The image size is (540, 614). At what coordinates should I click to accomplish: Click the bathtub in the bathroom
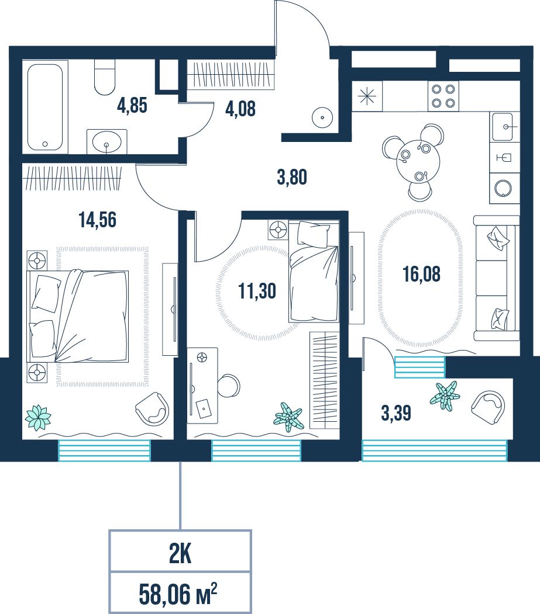[45, 107]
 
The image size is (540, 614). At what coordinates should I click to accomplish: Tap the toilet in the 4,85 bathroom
[105, 77]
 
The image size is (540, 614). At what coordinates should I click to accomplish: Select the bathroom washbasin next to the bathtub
[106, 141]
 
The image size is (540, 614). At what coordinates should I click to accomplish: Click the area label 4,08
[240, 109]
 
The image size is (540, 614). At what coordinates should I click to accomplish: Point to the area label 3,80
[292, 178]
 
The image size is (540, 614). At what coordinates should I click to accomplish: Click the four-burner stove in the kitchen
[443, 96]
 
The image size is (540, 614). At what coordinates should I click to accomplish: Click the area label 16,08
[422, 274]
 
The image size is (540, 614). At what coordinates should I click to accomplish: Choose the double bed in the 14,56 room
[78, 316]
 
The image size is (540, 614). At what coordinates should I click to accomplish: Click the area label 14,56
[98, 220]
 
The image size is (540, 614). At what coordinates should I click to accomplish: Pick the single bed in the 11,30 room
[314, 272]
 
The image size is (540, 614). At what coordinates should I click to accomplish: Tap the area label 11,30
[257, 291]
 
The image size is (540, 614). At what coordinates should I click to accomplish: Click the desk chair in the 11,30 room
[229, 386]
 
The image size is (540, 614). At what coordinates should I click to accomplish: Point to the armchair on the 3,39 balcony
[488, 407]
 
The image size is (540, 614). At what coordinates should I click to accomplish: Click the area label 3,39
[396, 413]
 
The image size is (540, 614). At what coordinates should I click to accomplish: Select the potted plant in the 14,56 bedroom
[37, 418]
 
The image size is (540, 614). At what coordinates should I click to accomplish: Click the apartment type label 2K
[180, 554]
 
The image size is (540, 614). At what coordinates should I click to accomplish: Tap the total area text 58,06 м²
[178, 594]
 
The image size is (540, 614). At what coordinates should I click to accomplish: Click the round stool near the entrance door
[322, 117]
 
